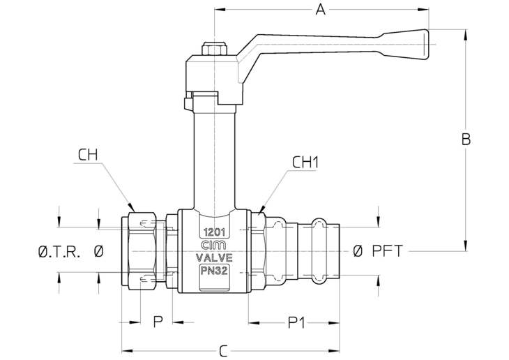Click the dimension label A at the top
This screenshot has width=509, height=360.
click(x=321, y=10)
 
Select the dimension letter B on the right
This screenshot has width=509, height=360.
click(x=466, y=140)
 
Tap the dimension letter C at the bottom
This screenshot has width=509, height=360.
click(x=223, y=351)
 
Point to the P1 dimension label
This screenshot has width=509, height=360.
click(x=296, y=322)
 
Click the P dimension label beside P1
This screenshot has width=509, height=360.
click(x=158, y=322)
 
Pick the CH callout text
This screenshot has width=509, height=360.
click(x=88, y=155)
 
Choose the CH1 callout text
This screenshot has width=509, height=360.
click(x=305, y=163)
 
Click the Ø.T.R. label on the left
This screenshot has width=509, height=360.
click(x=59, y=251)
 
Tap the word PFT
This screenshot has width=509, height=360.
click(x=387, y=251)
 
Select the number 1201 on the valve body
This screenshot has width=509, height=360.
click(x=214, y=232)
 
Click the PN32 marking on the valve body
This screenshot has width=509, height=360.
click(x=214, y=271)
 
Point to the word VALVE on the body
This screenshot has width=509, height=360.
click(x=214, y=257)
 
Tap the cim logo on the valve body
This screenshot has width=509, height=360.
click(x=214, y=246)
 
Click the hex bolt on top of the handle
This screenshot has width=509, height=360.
click(x=215, y=49)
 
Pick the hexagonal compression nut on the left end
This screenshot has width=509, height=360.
click(x=142, y=251)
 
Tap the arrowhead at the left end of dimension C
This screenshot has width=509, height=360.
click(x=127, y=351)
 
